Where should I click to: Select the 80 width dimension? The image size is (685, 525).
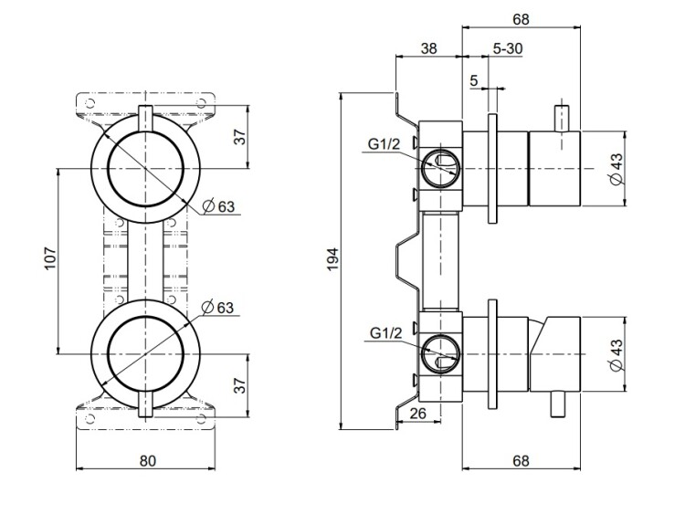point(148,460)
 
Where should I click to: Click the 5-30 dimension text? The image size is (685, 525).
point(507,48)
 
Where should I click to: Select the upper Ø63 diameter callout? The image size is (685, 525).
point(219,206)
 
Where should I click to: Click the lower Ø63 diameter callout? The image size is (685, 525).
point(219,306)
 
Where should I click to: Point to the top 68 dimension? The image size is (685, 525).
point(522,18)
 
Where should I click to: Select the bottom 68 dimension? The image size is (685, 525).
point(521,460)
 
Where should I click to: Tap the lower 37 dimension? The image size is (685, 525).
point(240,383)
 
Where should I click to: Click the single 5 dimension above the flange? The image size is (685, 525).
point(474,80)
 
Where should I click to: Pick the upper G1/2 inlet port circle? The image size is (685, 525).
point(441,165)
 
